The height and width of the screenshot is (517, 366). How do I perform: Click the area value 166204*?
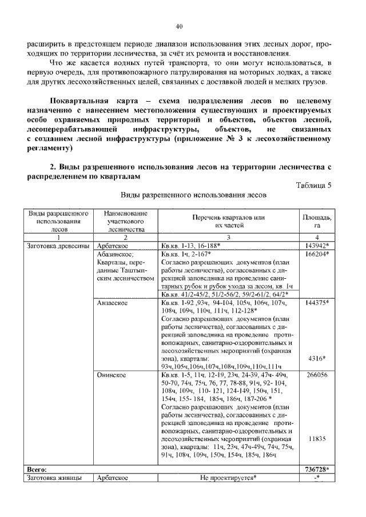point(317,254)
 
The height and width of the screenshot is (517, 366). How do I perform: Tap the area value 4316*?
point(316,358)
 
